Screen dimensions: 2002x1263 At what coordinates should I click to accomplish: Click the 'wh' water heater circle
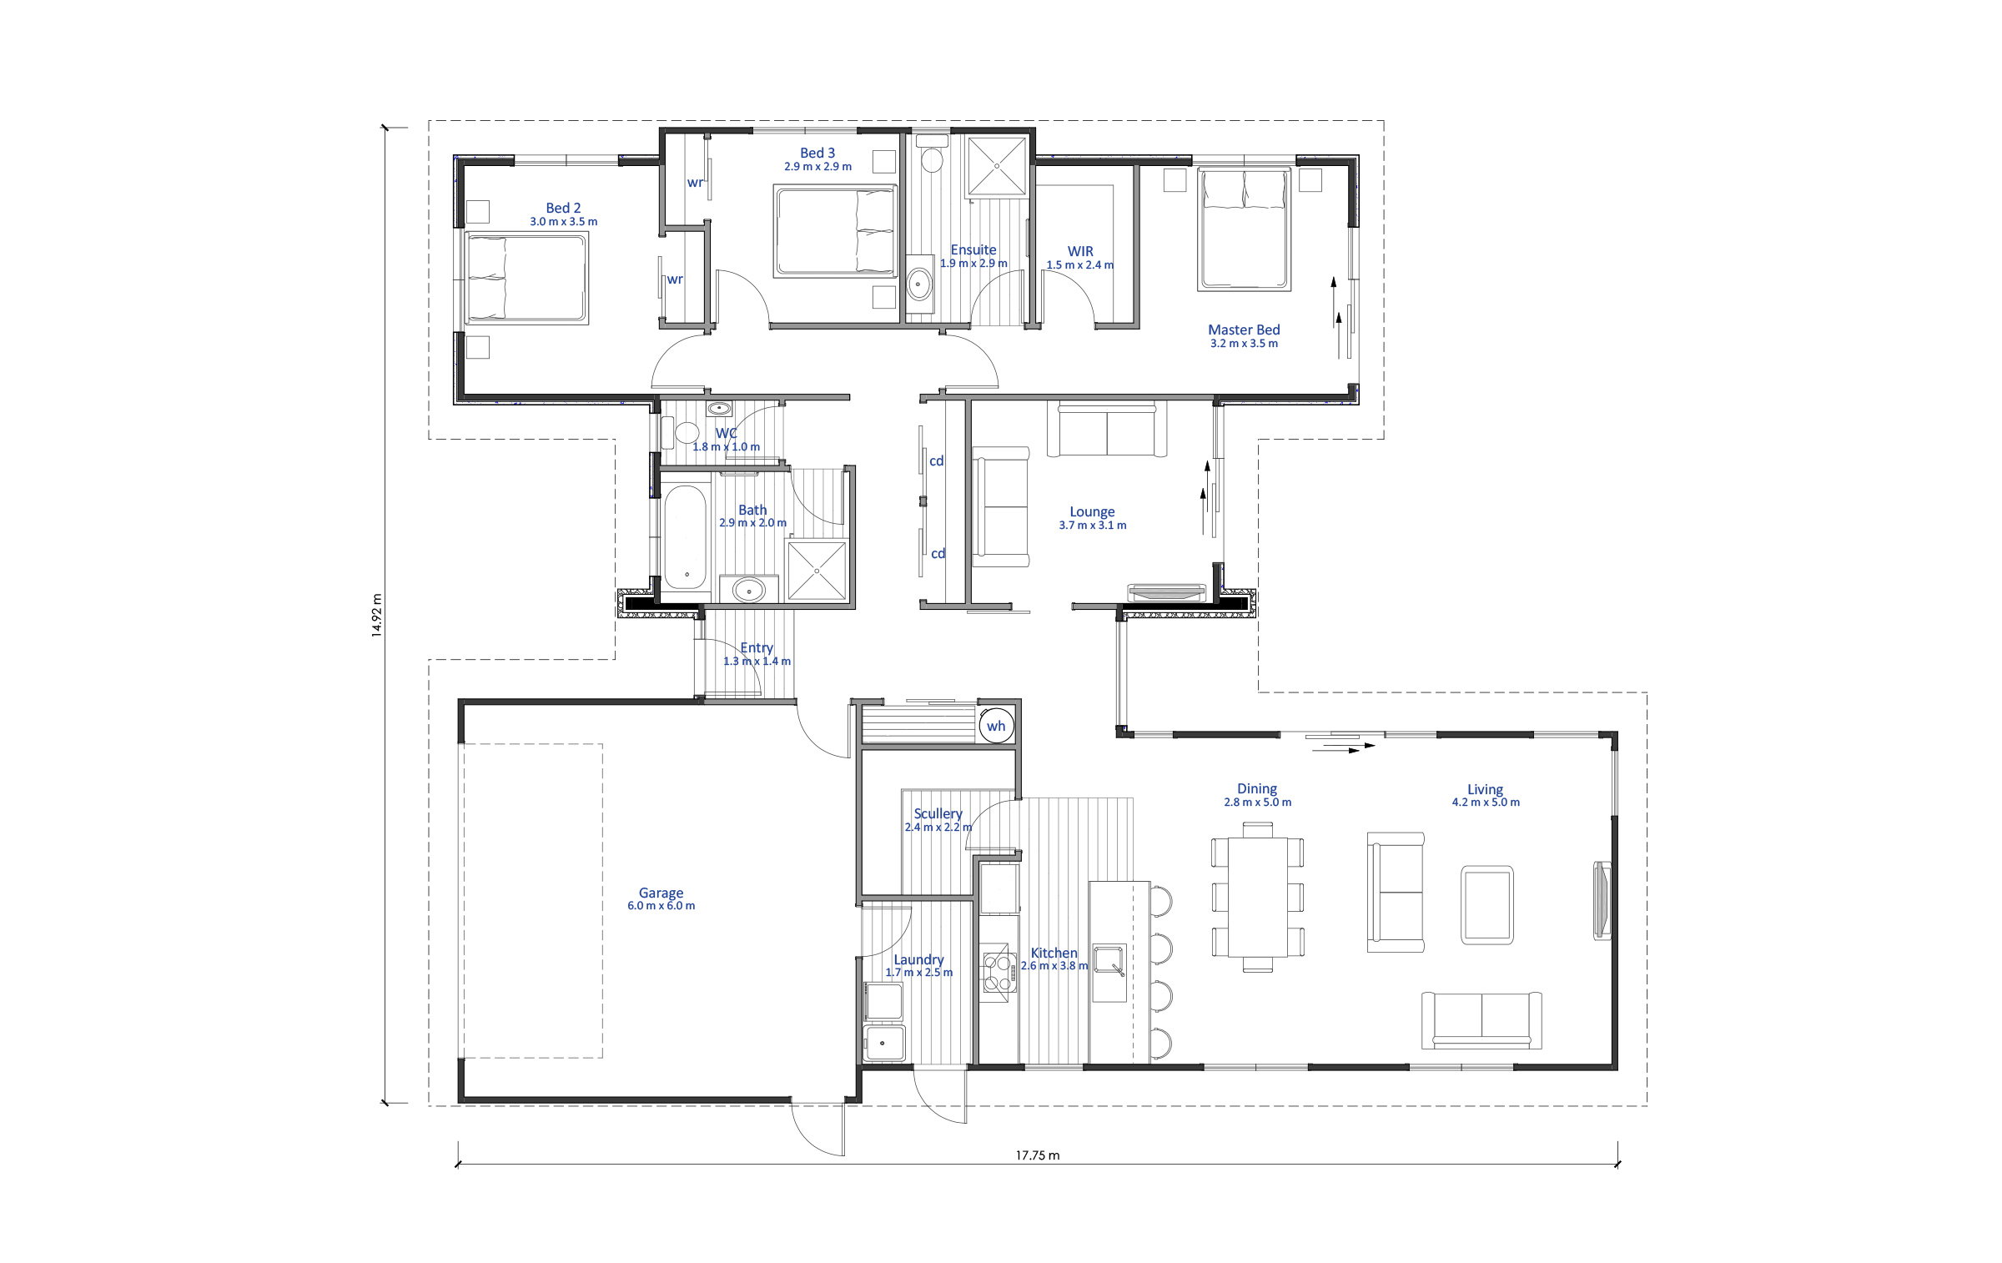(x=996, y=725)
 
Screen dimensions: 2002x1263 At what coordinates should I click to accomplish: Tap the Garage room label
(x=661, y=893)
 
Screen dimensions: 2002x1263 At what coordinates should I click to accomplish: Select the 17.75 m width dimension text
(x=1038, y=1155)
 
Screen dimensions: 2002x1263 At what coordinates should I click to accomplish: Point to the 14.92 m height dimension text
(x=377, y=616)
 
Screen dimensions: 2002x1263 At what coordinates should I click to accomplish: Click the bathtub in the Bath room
(x=685, y=538)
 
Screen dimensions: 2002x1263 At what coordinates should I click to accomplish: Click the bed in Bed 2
(x=526, y=278)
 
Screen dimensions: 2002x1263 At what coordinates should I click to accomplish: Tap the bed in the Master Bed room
(x=1244, y=229)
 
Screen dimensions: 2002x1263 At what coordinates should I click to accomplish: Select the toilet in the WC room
(x=680, y=432)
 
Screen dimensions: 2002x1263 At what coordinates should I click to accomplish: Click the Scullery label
(x=938, y=813)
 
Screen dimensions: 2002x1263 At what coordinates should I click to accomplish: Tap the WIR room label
(x=1080, y=251)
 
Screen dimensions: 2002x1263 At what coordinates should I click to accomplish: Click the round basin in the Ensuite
(x=920, y=284)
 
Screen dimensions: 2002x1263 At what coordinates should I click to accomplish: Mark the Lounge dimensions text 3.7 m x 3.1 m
(x=1092, y=526)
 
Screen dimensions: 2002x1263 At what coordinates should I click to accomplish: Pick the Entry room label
(x=757, y=647)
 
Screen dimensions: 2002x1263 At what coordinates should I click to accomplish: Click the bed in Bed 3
(x=836, y=230)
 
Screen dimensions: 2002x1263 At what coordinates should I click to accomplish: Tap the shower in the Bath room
(x=817, y=570)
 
